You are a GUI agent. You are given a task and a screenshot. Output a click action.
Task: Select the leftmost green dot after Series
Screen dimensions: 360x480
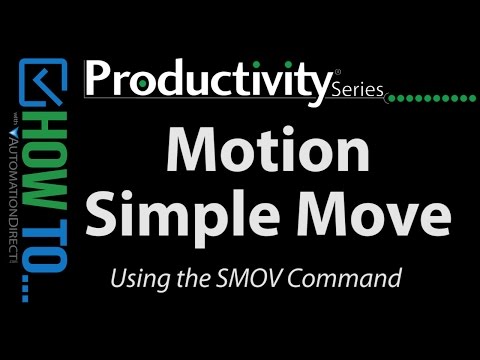click(390, 99)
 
